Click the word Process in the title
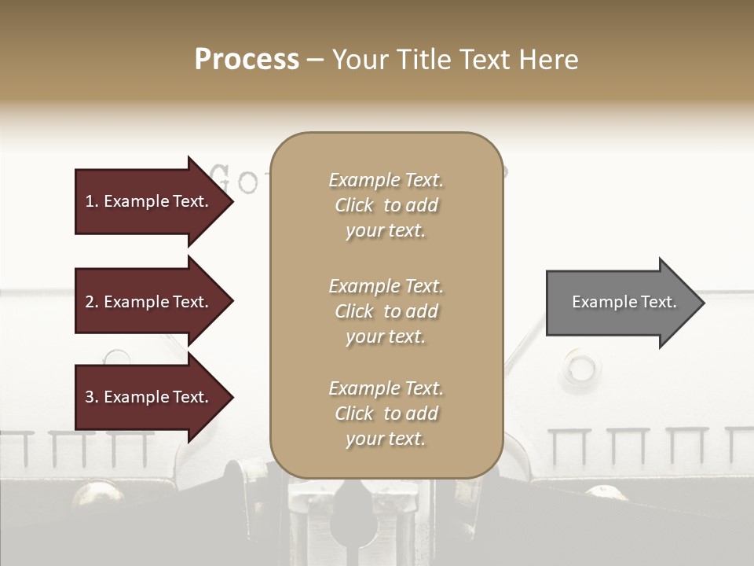tap(247, 60)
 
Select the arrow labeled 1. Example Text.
tap(149, 201)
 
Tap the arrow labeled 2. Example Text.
tap(149, 302)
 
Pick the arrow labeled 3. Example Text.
tap(149, 397)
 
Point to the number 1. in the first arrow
tap(92, 201)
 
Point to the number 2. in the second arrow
tap(92, 302)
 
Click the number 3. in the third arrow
tap(92, 397)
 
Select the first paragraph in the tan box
tap(386, 205)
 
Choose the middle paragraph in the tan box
tap(386, 311)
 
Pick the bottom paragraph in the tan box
tap(386, 413)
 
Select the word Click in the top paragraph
tap(354, 205)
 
